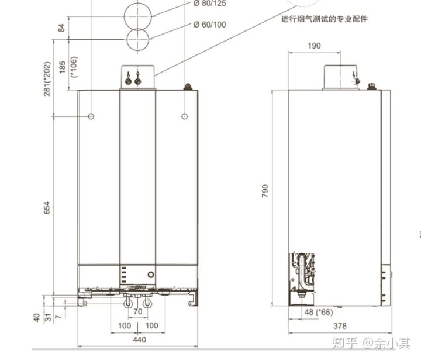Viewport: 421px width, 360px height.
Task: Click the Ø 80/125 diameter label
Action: click(x=209, y=4)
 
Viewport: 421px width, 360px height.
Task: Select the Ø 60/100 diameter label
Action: click(x=209, y=25)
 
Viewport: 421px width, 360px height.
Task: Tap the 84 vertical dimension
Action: click(x=61, y=28)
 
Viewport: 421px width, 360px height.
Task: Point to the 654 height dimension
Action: click(x=47, y=208)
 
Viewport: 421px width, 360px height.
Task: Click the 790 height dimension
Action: click(x=265, y=191)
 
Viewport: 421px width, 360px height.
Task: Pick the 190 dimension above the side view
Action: click(x=314, y=46)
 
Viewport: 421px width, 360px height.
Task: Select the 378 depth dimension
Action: click(x=340, y=326)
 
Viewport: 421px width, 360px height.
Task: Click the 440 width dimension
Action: click(x=140, y=340)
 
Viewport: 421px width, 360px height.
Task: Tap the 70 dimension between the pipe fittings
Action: click(x=138, y=311)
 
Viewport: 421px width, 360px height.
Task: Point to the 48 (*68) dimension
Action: click(x=319, y=312)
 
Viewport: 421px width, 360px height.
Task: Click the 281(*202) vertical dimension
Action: click(x=47, y=79)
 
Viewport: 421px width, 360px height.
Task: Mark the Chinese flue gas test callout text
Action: click(x=325, y=19)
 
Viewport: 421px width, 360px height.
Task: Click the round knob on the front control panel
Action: click(x=151, y=275)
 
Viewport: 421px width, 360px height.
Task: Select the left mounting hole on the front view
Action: click(x=91, y=116)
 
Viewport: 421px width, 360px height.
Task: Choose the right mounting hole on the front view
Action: click(x=184, y=116)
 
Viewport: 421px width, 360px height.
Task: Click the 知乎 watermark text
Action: click(x=345, y=344)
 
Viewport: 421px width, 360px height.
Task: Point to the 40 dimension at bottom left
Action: click(x=37, y=317)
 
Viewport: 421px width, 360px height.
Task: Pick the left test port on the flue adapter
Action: click(x=128, y=81)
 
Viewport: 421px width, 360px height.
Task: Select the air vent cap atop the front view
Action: click(x=188, y=87)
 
